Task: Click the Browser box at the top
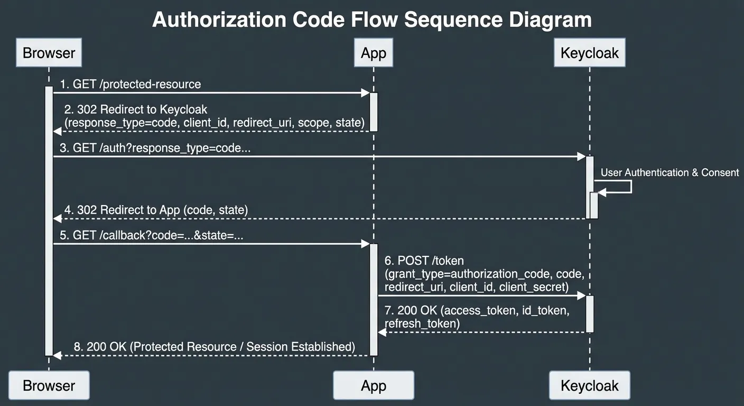click(x=49, y=53)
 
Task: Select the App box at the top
click(x=373, y=53)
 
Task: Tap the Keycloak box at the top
click(x=589, y=53)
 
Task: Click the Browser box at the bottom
click(x=49, y=385)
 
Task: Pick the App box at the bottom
click(x=373, y=385)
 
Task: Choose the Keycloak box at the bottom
click(x=589, y=385)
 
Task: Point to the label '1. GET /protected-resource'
click(x=130, y=84)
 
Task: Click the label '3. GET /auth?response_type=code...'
click(x=155, y=148)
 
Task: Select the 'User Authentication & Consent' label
click(x=669, y=172)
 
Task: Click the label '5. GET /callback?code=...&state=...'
click(x=151, y=235)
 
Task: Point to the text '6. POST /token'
click(x=424, y=260)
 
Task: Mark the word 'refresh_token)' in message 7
click(x=422, y=323)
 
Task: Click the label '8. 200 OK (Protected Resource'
click(x=214, y=347)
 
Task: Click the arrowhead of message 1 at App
click(x=365, y=93)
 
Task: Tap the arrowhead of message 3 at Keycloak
click(x=581, y=156)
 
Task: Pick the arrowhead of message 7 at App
click(x=382, y=332)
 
